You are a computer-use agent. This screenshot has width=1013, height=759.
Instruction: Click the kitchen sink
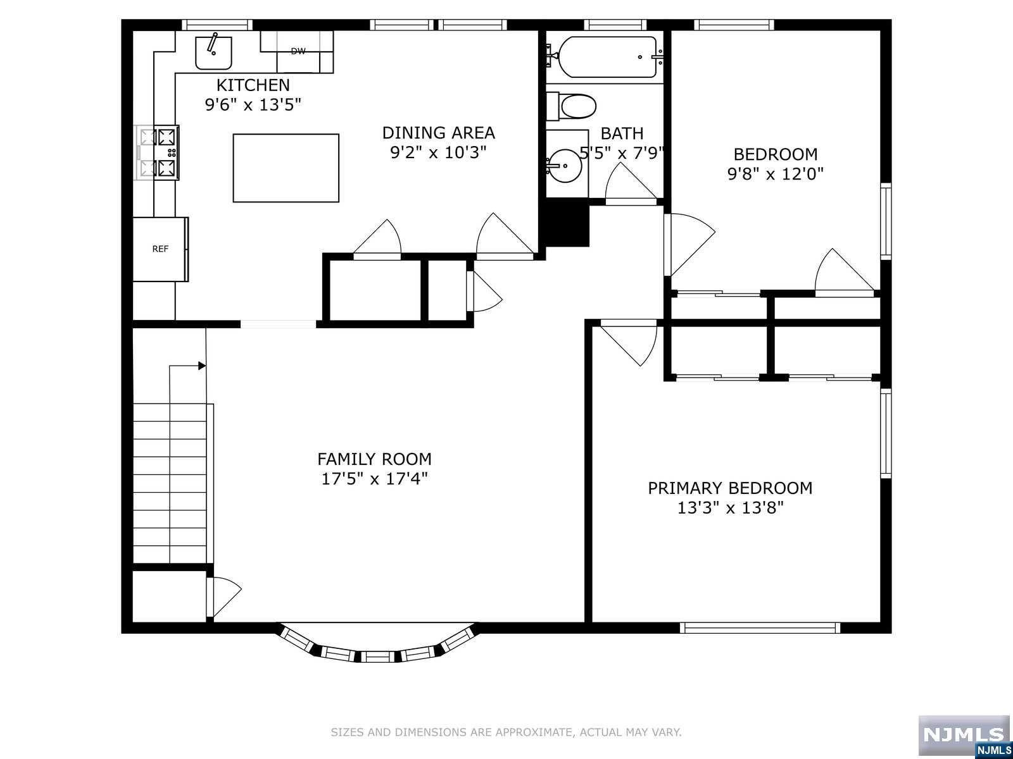[x=213, y=52]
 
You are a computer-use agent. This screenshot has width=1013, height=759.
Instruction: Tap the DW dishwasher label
[x=298, y=51]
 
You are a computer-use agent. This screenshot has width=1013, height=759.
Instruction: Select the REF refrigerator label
[x=160, y=249]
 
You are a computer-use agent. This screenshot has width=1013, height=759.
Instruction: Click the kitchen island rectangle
[x=286, y=168]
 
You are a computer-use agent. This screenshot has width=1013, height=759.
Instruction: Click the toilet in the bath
[x=571, y=106]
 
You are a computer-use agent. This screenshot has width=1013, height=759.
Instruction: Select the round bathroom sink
[x=565, y=166]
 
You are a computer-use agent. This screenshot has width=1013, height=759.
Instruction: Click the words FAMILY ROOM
[x=374, y=459]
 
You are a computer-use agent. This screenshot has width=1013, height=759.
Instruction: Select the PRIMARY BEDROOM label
[x=730, y=488]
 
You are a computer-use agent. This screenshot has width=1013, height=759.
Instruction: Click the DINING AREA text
[x=438, y=133]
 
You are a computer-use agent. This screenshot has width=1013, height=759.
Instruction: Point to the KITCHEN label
[x=253, y=85]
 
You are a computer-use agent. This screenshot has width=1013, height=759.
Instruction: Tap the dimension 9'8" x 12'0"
[x=776, y=174]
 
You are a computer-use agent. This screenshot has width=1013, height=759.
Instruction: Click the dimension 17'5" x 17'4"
[x=374, y=479]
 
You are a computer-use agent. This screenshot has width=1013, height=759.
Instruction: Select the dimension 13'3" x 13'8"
[x=730, y=508]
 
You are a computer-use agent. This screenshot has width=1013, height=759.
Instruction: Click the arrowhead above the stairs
[x=202, y=366]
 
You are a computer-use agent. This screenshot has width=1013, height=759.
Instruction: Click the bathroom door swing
[x=631, y=182]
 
